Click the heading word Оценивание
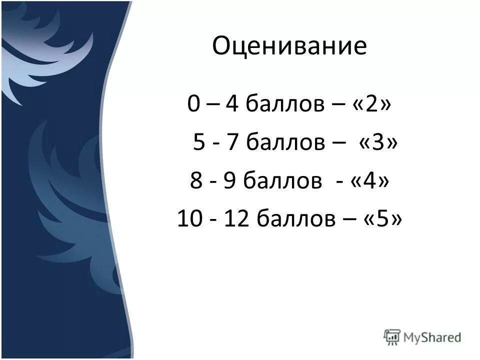(x=289, y=46)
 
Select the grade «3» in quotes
(x=378, y=143)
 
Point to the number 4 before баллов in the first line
(x=231, y=105)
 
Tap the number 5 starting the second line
(x=199, y=143)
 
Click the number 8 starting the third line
(x=196, y=180)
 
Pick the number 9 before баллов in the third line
(x=230, y=180)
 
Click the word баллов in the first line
(x=281, y=105)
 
